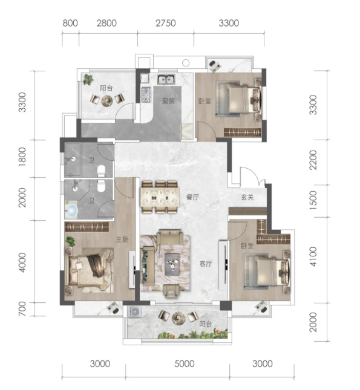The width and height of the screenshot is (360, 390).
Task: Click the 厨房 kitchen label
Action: (x=168, y=101)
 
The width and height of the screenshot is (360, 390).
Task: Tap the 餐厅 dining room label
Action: (x=192, y=197)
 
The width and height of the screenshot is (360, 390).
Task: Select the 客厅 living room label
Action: (x=206, y=264)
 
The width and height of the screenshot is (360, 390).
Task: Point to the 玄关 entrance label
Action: (x=247, y=197)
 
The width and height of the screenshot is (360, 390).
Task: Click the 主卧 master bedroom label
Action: (x=122, y=239)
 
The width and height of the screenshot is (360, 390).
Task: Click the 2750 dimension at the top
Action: (x=166, y=23)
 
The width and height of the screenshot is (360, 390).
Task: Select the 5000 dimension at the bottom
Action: (x=185, y=364)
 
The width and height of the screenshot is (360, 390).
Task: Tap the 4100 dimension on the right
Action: (x=313, y=257)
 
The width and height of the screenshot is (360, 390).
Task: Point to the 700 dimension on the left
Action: (x=22, y=308)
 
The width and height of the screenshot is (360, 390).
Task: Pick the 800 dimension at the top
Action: (x=70, y=23)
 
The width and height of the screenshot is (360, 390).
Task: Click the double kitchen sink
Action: (x=166, y=79)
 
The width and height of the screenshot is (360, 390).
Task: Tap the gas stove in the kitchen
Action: (x=146, y=95)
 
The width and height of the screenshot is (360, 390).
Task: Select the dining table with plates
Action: (x=160, y=197)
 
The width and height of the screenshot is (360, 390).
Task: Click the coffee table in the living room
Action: (x=172, y=264)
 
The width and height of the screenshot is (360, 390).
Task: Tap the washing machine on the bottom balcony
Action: (x=135, y=312)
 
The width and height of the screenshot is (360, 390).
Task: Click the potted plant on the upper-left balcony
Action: (x=88, y=79)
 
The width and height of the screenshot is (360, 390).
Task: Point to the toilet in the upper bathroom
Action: (x=102, y=171)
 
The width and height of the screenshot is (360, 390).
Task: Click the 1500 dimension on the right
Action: (x=313, y=200)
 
